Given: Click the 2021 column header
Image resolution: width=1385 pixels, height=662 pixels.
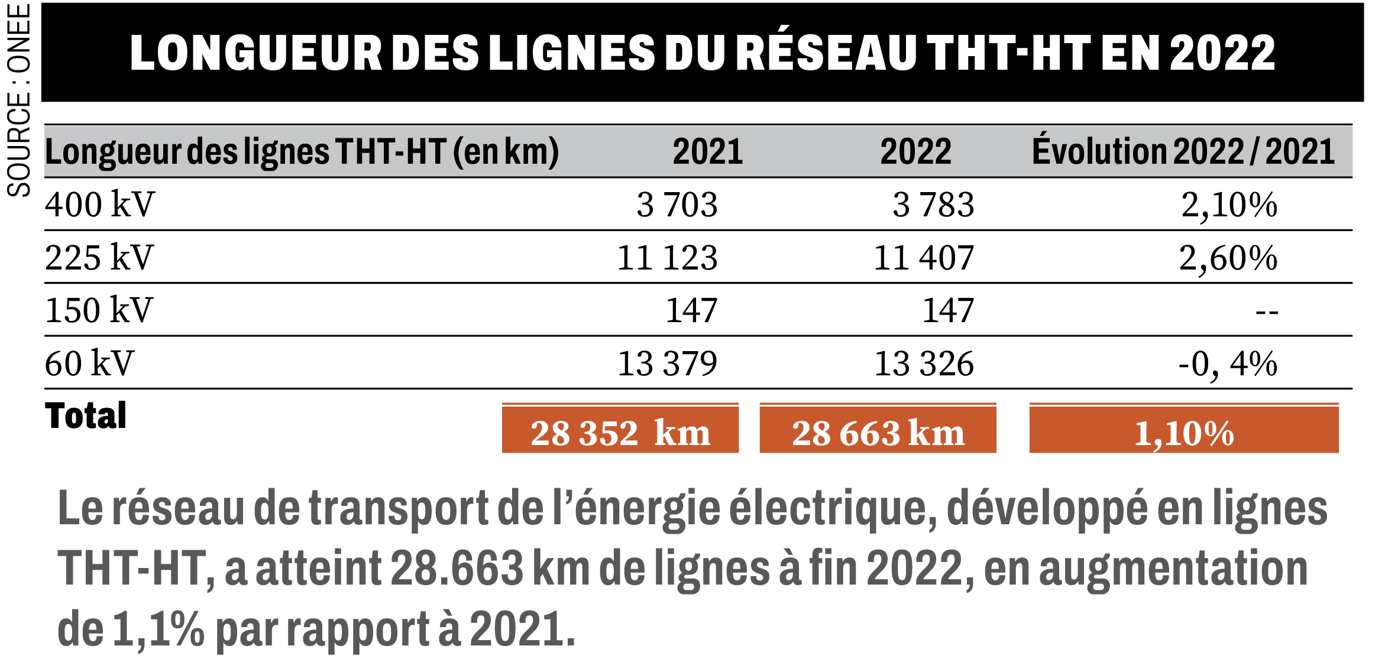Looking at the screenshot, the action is coord(708,151).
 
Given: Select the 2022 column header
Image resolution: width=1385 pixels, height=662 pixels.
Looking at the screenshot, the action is coord(916,151).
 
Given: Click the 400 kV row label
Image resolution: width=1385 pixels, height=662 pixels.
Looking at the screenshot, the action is coord(99,205).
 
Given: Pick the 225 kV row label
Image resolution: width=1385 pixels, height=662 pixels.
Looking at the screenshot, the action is coord(99,258).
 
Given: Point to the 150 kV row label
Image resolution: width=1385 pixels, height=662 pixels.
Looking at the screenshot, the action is coord(99,310).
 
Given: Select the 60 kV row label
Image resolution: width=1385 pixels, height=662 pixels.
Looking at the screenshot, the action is coord(89,363).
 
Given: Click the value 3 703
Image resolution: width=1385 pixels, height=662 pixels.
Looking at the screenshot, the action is coord(677,205).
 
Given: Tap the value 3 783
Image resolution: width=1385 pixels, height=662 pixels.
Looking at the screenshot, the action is coord(933,205).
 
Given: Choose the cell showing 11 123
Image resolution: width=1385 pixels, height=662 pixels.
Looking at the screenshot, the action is coord(668,258).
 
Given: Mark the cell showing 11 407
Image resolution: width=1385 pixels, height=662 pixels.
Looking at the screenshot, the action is coord(924,258).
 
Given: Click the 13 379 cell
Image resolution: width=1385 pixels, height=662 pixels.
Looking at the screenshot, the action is coord(668,364).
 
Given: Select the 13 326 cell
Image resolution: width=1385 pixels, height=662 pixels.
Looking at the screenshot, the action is coord(924,364).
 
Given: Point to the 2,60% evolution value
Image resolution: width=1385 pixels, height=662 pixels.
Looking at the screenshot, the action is coord(1228,258).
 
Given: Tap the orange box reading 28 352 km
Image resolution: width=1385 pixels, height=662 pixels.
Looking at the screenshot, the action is coord(620,429).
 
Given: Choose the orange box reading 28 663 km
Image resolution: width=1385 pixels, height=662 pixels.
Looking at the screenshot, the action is coord(878,429).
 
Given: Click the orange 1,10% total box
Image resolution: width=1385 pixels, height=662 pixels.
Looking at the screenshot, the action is coord(1185,429).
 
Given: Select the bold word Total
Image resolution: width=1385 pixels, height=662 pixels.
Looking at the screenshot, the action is coord(86,415).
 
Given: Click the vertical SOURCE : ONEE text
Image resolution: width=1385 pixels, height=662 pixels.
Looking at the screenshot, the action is coord(19,100).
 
